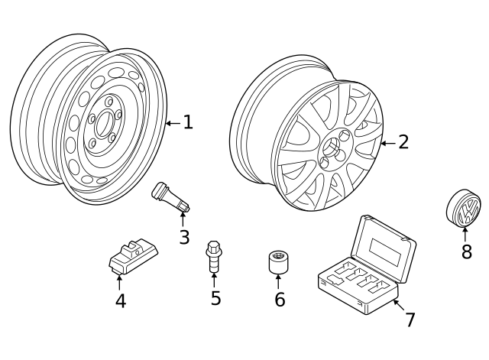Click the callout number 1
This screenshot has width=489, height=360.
188,122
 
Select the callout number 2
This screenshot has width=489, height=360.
403,142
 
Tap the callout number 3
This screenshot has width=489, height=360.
184,237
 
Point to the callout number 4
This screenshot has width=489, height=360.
121,301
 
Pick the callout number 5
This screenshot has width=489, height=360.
215,298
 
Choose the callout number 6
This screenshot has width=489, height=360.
280,300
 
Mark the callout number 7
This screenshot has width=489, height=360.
410,319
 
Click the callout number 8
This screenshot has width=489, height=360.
466,251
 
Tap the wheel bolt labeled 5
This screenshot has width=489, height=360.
214,258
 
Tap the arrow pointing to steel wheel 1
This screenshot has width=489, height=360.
172,122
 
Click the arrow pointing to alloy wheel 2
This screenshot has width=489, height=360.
387,143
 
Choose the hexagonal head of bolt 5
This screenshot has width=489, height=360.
214,248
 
